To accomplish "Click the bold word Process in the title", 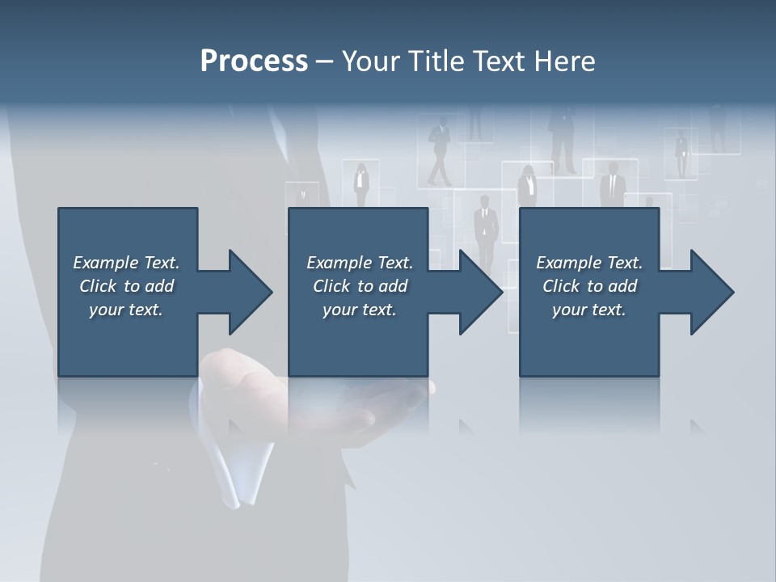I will click(x=254, y=61).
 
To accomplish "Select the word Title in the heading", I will click(x=435, y=61).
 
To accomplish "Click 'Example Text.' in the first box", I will click(x=126, y=263).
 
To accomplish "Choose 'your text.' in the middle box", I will click(x=359, y=310).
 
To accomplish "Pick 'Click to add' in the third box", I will click(x=589, y=286).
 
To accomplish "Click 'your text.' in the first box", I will click(x=126, y=310).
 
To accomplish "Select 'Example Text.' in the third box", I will click(x=589, y=263).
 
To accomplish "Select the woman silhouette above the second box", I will click(x=361, y=184).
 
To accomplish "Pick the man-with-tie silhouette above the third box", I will click(x=613, y=184).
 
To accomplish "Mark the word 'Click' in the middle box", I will click(x=331, y=286).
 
